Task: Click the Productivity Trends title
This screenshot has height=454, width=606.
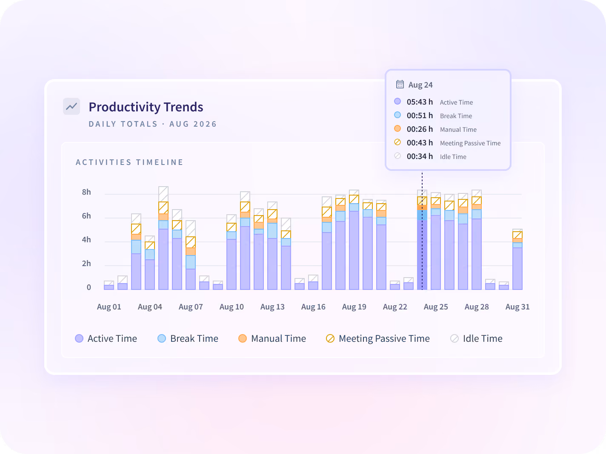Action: pyautogui.click(x=146, y=107)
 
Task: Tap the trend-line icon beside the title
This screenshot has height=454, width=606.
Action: pyautogui.click(x=71, y=106)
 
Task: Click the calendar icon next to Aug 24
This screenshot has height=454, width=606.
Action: pyautogui.click(x=400, y=84)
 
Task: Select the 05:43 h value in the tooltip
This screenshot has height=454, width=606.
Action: pyautogui.click(x=420, y=102)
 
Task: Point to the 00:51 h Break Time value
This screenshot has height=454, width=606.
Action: pyautogui.click(x=420, y=116)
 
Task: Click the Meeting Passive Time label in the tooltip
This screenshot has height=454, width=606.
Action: pyautogui.click(x=470, y=143)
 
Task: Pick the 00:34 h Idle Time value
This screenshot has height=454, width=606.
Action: pyautogui.click(x=420, y=156)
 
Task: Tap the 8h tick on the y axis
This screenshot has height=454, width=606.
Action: pyautogui.click(x=86, y=192)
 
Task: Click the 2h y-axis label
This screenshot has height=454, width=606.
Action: pyautogui.click(x=86, y=264)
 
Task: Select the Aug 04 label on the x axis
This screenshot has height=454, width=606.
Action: pyautogui.click(x=150, y=307)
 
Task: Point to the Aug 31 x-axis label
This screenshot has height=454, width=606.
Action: pyautogui.click(x=517, y=307)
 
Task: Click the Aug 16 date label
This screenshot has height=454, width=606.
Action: pyautogui.click(x=313, y=307)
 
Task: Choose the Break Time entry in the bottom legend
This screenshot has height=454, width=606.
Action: pyautogui.click(x=188, y=338)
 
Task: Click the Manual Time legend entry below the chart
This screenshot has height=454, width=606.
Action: pyautogui.click(x=272, y=338)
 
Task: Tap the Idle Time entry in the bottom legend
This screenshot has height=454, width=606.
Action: pyautogui.click(x=476, y=338)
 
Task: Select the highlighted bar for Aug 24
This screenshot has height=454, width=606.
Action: pyautogui.click(x=422, y=240)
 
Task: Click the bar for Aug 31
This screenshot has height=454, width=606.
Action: pyautogui.click(x=517, y=259)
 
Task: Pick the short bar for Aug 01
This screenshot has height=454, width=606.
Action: pyautogui.click(x=109, y=286)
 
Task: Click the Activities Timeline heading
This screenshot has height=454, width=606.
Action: pyautogui.click(x=129, y=162)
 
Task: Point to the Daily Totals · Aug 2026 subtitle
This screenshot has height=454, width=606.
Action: pyautogui.click(x=153, y=124)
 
